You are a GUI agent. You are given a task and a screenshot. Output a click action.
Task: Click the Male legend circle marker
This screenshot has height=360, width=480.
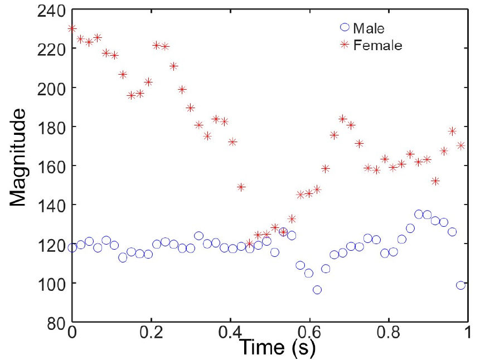pyautogui.click(x=345, y=27)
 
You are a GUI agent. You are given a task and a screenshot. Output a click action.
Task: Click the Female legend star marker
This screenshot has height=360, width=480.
pyautogui.click(x=345, y=45)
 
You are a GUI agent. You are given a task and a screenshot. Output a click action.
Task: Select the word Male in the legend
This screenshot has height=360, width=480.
pyautogui.click(x=369, y=28)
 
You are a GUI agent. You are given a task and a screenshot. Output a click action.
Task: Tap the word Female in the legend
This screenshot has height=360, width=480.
pyautogui.click(x=378, y=45)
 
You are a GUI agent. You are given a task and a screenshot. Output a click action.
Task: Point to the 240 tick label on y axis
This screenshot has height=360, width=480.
pyautogui.click(x=51, y=12)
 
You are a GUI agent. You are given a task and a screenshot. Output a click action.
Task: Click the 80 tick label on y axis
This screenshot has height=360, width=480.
pyautogui.click(x=56, y=323)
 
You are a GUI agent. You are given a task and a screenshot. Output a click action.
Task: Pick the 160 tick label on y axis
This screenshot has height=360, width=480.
pyautogui.click(x=51, y=166)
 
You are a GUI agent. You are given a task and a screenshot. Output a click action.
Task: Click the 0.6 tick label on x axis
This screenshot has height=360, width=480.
pyautogui.click(x=309, y=333)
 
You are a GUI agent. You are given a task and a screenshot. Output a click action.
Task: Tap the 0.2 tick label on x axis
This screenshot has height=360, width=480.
pyautogui.click(x=151, y=333)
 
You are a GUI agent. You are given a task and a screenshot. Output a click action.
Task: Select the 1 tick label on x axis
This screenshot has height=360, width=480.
pyautogui.click(x=467, y=333)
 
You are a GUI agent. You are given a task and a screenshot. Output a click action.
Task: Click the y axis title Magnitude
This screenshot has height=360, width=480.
pyautogui.click(x=17, y=157)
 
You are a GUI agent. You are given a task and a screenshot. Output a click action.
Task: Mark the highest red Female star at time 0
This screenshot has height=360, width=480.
pyautogui.click(x=72, y=28)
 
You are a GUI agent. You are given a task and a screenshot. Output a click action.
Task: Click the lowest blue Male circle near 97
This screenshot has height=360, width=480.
pyautogui.click(x=317, y=290)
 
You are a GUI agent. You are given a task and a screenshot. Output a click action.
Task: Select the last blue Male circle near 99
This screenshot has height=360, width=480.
pyautogui.click(x=460, y=285)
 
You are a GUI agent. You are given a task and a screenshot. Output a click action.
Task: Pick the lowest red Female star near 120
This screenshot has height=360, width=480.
pyautogui.click(x=250, y=244)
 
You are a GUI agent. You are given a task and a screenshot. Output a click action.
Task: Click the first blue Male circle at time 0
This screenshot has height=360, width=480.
pyautogui.click(x=72, y=247)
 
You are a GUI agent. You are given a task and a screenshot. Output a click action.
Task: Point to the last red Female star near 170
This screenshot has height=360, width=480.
pyautogui.click(x=460, y=145)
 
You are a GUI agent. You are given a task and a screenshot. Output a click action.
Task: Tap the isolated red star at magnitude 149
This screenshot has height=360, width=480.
pyautogui.click(x=241, y=187)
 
